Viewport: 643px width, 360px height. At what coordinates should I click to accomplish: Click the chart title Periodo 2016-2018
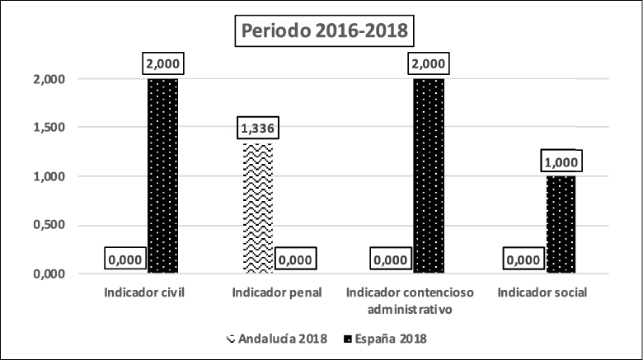click(x=322, y=32)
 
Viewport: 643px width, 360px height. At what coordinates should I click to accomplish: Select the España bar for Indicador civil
click(x=162, y=175)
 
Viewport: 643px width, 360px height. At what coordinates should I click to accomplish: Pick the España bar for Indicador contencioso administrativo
click(x=429, y=175)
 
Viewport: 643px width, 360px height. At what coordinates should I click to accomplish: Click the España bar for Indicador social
click(x=561, y=224)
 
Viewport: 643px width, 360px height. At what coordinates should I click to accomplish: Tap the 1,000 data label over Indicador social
click(x=561, y=161)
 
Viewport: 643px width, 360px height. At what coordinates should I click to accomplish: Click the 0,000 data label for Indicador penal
click(x=296, y=259)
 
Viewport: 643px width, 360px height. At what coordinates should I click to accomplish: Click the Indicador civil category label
click(x=144, y=293)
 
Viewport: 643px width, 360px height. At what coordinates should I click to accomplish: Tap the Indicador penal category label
click(x=277, y=293)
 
